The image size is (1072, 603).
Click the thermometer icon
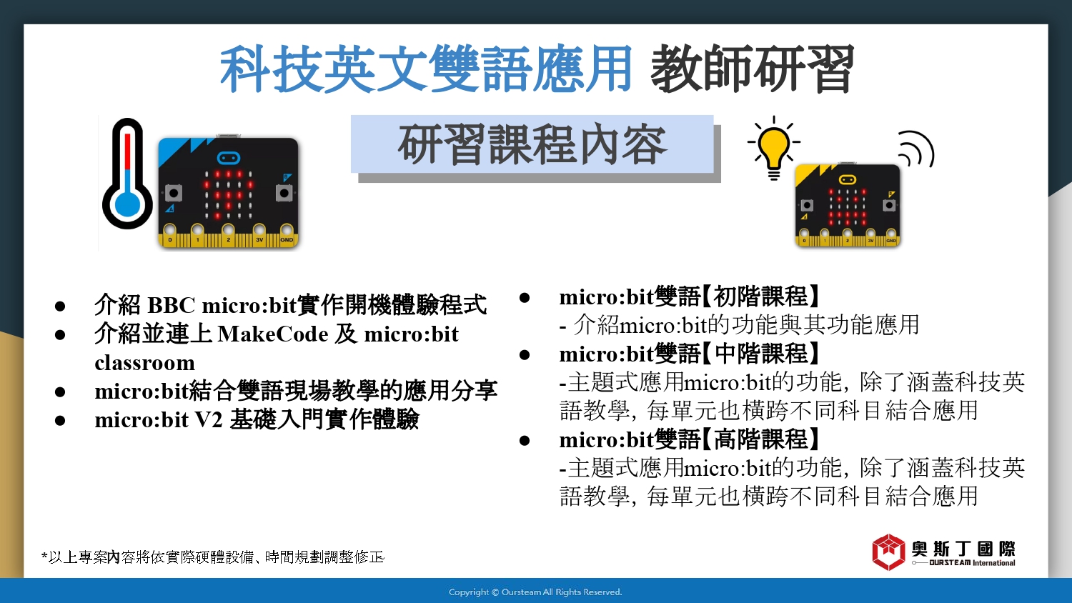pyautogui.click(x=127, y=174)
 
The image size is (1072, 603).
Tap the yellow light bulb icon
pyautogui.click(x=774, y=149)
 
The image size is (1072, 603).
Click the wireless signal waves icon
pyautogui.click(x=916, y=149)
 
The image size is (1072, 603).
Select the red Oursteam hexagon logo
pyautogui.click(x=889, y=552)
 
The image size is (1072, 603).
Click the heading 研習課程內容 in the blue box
pyautogui.click(x=532, y=144)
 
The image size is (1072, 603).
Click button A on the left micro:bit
pyautogui.click(x=173, y=194)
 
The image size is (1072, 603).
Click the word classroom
pyautogui.click(x=144, y=363)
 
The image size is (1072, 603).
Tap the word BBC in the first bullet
pyautogui.click(x=171, y=305)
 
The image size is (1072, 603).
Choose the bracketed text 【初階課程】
pyautogui.click(x=761, y=296)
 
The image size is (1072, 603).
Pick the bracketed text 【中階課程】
pyautogui.click(x=761, y=354)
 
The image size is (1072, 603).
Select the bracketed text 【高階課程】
pyautogui.click(x=761, y=439)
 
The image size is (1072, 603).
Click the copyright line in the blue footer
pyautogui.click(x=535, y=592)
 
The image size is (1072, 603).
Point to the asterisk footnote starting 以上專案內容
pyautogui.click(x=212, y=557)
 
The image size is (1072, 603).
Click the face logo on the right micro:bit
pyautogui.click(x=848, y=180)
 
